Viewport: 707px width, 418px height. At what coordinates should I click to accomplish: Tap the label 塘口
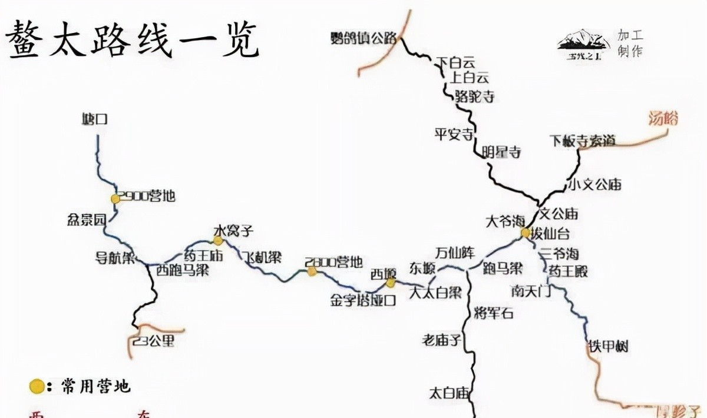click(95, 120)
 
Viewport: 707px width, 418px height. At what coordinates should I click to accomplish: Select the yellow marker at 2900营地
click(116, 199)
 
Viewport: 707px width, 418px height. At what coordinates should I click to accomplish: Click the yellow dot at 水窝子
click(218, 240)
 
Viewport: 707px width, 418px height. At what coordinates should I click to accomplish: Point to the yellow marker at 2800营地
click(312, 271)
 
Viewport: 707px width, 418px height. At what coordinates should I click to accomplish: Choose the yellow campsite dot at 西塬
click(390, 283)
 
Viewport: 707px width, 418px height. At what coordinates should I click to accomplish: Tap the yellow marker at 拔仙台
click(525, 233)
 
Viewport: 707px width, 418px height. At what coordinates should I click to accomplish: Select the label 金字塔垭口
click(363, 300)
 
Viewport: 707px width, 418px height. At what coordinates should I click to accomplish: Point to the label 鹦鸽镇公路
click(365, 38)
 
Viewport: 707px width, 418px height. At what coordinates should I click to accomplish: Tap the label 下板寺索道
click(582, 141)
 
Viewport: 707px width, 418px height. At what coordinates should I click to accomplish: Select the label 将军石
click(494, 313)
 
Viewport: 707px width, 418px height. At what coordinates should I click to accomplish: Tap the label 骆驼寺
click(474, 97)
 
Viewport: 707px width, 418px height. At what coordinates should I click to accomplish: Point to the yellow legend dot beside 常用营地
click(37, 387)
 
